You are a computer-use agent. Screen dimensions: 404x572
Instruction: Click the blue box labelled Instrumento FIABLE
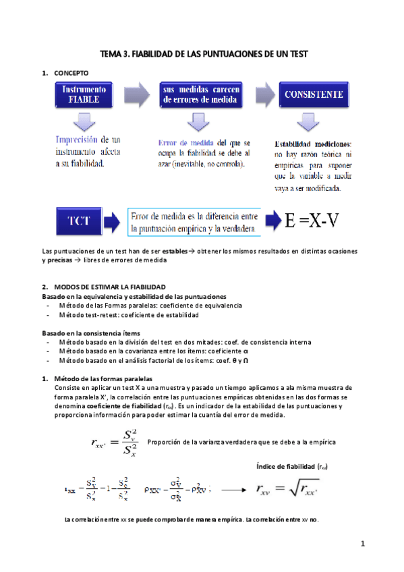click(84, 94)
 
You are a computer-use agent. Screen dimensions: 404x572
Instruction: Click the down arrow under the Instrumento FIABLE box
click(84, 122)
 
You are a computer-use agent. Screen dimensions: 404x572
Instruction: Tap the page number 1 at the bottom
click(362, 544)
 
